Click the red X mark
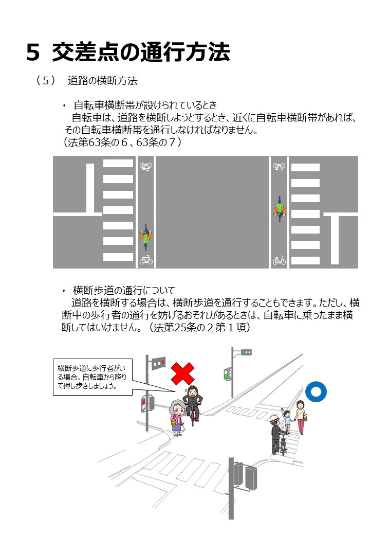tap(182, 373)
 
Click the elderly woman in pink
tap(177, 417)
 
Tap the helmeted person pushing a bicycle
tap(276, 435)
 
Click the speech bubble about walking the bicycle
tap(92, 377)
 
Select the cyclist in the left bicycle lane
tap(145, 237)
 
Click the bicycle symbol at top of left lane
tap(146, 166)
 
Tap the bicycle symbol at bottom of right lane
tap(279, 260)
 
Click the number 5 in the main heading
tap(33, 52)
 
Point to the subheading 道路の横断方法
tap(103, 81)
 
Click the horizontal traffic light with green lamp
tap(246, 352)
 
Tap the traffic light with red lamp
tap(158, 363)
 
